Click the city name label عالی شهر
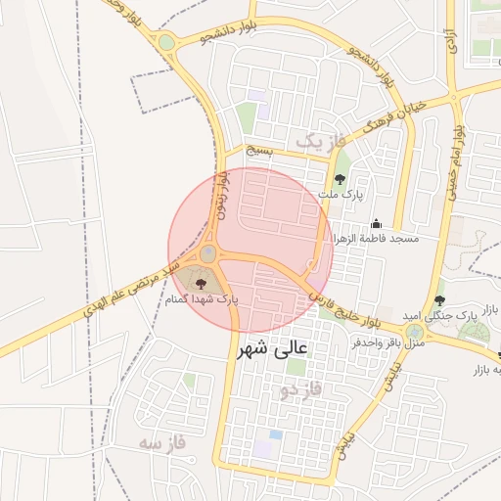point(271,347)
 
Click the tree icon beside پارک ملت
point(340,179)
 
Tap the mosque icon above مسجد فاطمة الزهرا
point(376,224)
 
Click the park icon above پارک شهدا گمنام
point(216,283)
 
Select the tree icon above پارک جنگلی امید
point(438,300)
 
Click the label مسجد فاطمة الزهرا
point(377,239)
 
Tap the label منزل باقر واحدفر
point(387,343)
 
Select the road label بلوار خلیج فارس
point(344,307)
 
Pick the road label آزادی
point(450,40)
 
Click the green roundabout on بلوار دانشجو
point(167,42)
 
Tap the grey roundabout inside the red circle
point(209,255)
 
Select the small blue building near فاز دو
point(275,433)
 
